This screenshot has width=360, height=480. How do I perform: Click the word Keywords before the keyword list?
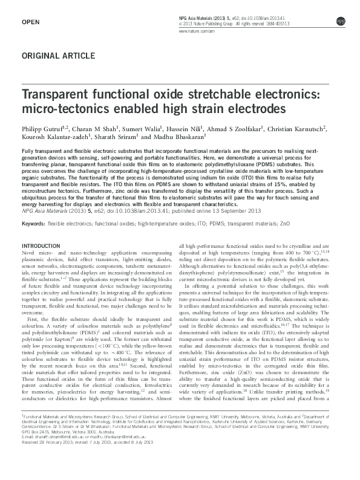point(33,224)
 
